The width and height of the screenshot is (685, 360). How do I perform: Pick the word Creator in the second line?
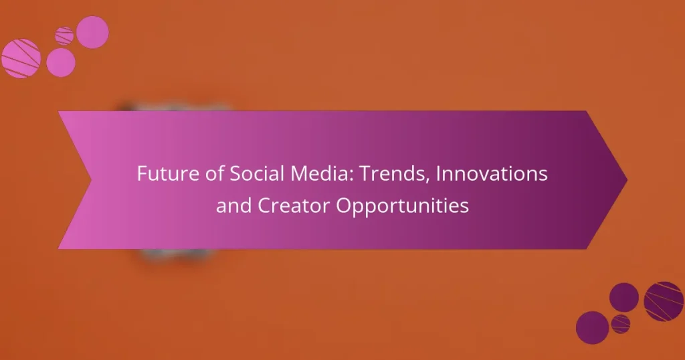(x=291, y=205)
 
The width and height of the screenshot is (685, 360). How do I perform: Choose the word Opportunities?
(x=402, y=205)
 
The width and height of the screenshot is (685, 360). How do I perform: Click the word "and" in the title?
(x=231, y=205)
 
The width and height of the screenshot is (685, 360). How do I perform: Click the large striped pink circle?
(x=21, y=58)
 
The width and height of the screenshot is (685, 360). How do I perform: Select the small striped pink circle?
(x=64, y=35)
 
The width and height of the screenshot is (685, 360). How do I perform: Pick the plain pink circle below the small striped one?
(x=61, y=62)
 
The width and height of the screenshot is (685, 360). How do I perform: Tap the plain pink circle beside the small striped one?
(x=92, y=31)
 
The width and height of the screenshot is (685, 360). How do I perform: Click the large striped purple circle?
(x=664, y=301)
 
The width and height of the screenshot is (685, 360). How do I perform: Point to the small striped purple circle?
(x=621, y=324)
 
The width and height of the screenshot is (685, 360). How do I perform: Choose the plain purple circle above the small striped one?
(x=624, y=297)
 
